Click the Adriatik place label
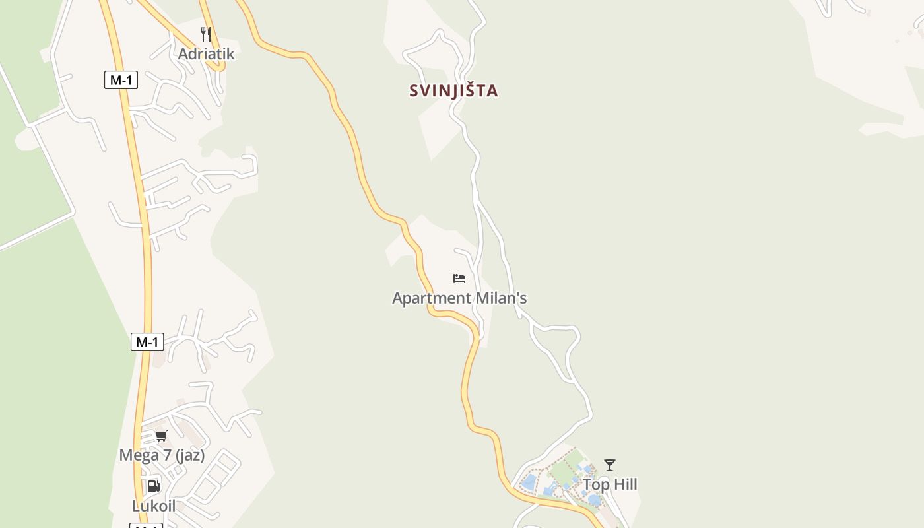(x=206, y=54)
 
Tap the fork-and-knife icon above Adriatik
(x=206, y=34)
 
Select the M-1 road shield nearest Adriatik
(x=121, y=81)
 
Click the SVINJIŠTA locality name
(x=453, y=90)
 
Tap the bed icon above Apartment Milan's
(x=459, y=279)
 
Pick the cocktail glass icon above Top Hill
(x=610, y=465)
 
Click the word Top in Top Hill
(x=595, y=485)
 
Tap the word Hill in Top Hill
(x=624, y=485)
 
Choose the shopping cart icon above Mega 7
(x=162, y=436)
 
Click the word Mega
(x=139, y=455)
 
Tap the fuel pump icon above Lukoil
(x=153, y=486)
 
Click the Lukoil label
(x=154, y=506)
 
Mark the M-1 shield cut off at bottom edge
(x=146, y=525)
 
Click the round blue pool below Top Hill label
(x=594, y=500)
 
